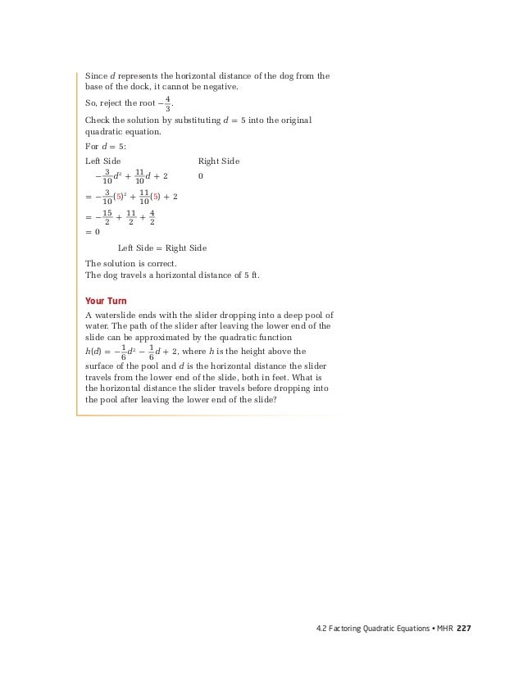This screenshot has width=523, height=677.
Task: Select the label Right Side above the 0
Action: [219, 161]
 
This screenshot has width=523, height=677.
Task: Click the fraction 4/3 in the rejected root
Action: [168, 104]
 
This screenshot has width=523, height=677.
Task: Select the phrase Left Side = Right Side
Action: [161, 248]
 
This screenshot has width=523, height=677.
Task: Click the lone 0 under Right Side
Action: [201, 176]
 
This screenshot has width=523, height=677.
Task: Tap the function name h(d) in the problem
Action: [95, 352]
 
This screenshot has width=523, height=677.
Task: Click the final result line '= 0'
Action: [93, 232]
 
